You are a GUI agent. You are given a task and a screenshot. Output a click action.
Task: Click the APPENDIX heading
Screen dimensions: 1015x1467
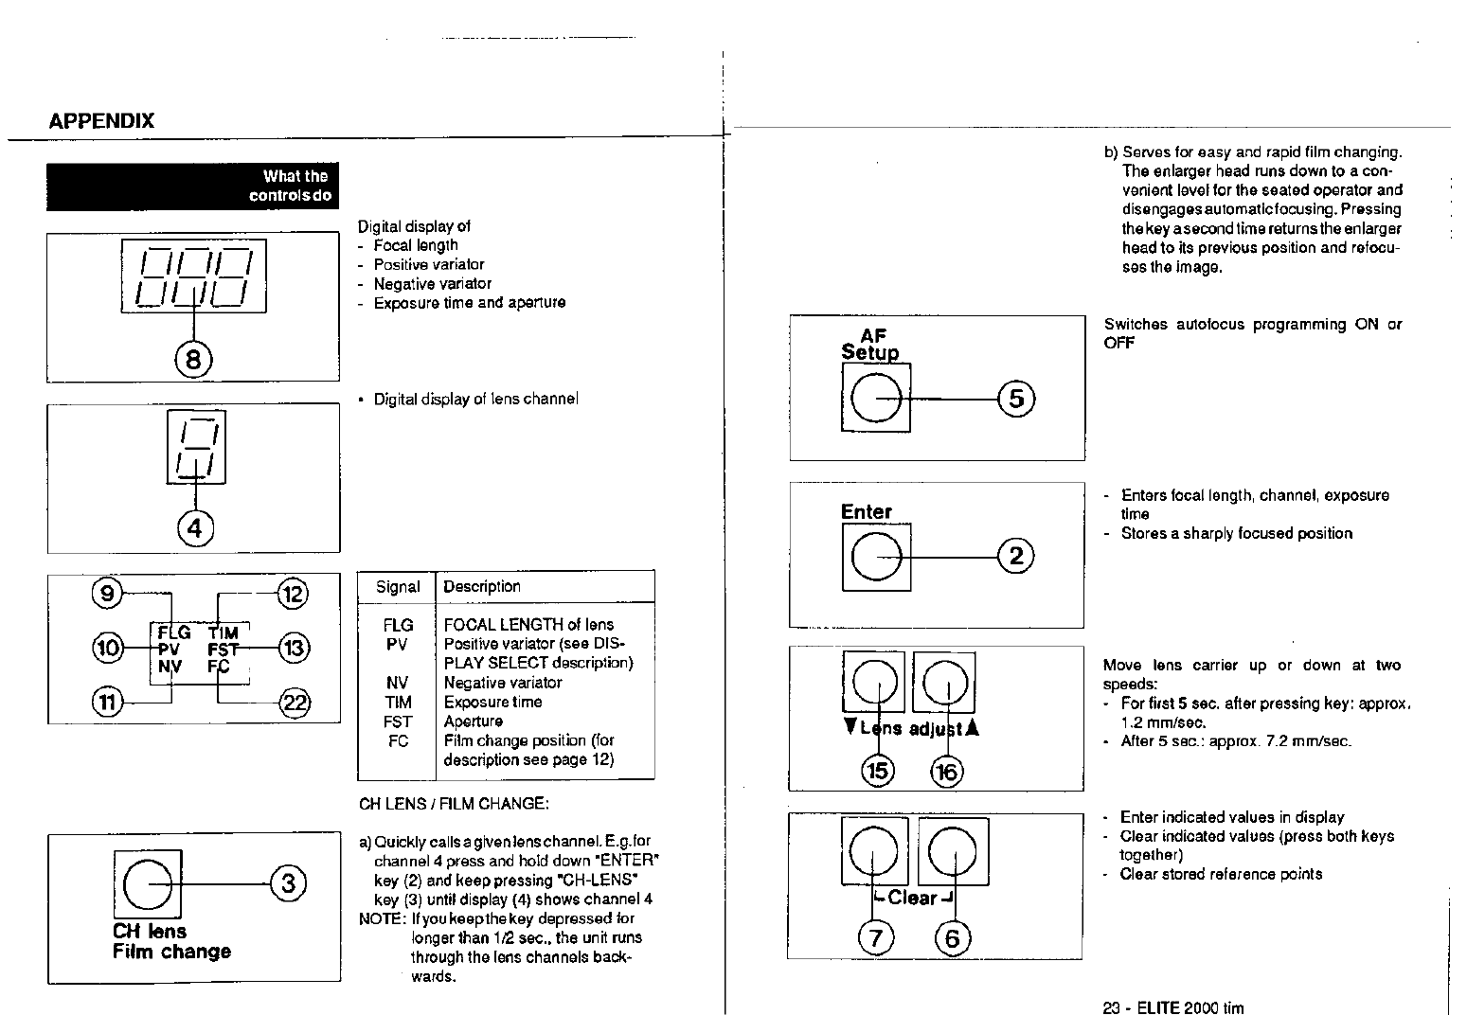pyautogui.click(x=101, y=121)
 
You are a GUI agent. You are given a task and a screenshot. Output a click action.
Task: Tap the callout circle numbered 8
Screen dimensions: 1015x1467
pyautogui.click(x=194, y=360)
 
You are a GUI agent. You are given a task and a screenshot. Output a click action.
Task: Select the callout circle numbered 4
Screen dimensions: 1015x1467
pyautogui.click(x=195, y=528)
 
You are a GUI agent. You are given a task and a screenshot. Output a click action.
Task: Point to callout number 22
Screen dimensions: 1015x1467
pyautogui.click(x=294, y=703)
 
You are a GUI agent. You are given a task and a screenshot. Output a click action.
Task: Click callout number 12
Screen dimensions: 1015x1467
pyautogui.click(x=293, y=595)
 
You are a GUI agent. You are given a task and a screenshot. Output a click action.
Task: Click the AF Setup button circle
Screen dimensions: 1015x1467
pyautogui.click(x=875, y=399)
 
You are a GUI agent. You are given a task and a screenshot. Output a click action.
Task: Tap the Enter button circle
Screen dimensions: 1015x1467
pyautogui.click(x=875, y=558)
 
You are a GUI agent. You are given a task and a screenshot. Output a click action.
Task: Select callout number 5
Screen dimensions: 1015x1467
pyautogui.click(x=1016, y=399)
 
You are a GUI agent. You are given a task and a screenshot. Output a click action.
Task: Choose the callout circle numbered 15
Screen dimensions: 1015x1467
pyautogui.click(x=878, y=771)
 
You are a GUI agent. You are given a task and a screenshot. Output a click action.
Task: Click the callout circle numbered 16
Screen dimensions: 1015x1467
pyautogui.click(x=946, y=772)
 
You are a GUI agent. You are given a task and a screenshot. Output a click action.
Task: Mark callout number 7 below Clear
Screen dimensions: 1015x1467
pyautogui.click(x=875, y=938)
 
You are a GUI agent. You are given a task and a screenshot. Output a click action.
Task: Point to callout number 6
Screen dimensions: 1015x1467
pyautogui.click(x=953, y=938)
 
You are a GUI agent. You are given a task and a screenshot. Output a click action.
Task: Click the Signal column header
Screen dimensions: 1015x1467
pyautogui.click(x=398, y=587)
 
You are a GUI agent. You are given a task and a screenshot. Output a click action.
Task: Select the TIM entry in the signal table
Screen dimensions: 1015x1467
pyautogui.click(x=398, y=703)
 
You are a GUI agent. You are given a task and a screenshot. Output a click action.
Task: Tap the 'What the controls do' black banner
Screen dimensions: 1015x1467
pyautogui.click(x=193, y=187)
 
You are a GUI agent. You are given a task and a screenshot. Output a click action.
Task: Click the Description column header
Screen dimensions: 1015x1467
pyautogui.click(x=482, y=587)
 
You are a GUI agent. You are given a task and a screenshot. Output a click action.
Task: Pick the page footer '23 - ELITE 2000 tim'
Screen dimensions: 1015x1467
pyautogui.click(x=1173, y=1007)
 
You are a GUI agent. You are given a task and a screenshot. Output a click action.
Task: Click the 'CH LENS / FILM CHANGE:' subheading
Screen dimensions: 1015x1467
pyautogui.click(x=454, y=805)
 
